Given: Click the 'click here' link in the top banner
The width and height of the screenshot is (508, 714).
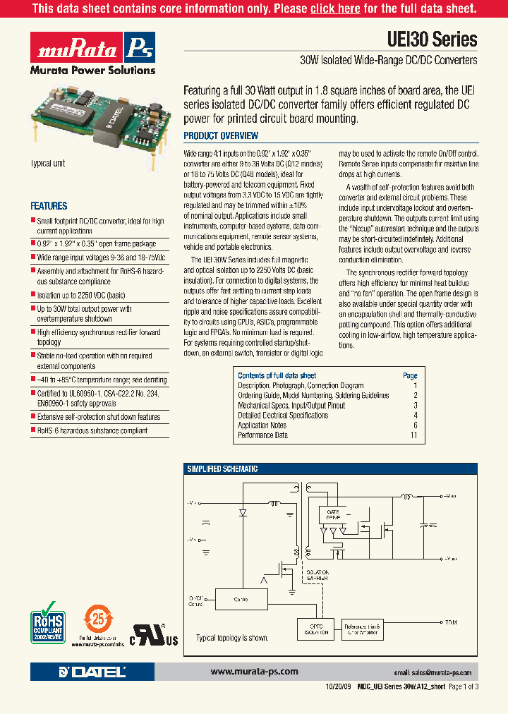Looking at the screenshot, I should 335,8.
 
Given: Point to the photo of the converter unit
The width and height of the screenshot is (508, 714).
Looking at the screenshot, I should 99,119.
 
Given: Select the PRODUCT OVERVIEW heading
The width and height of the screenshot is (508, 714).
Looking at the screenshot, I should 221,135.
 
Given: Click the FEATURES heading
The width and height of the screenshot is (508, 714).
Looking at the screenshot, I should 49,206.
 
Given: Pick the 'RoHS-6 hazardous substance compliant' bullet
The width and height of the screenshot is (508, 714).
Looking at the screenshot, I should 92,430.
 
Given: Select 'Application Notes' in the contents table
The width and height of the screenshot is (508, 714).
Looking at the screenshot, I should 262,425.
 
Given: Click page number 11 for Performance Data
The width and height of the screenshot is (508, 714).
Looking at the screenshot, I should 413,435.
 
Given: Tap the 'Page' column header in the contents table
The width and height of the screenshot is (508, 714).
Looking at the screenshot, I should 410,376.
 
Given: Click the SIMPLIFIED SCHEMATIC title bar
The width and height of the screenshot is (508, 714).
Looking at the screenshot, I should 222,469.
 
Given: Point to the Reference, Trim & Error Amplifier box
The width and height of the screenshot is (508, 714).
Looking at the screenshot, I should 361,629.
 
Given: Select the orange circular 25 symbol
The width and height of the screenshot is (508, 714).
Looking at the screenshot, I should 98,621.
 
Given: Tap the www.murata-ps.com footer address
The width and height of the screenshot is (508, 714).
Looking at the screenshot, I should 254,672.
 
